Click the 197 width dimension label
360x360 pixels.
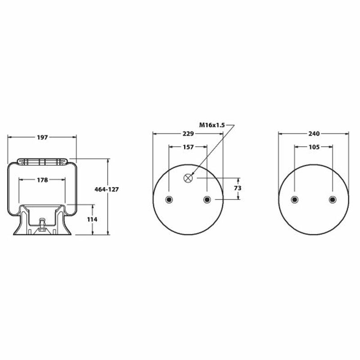42,137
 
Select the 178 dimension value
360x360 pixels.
42,180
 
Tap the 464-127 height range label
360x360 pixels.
107,189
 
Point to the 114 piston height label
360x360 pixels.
92,220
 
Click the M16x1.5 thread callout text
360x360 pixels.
212,125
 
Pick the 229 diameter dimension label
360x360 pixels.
188,134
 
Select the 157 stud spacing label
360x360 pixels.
188,147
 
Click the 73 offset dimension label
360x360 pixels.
238,188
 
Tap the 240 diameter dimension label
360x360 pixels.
314,134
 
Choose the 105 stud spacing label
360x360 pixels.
314,147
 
